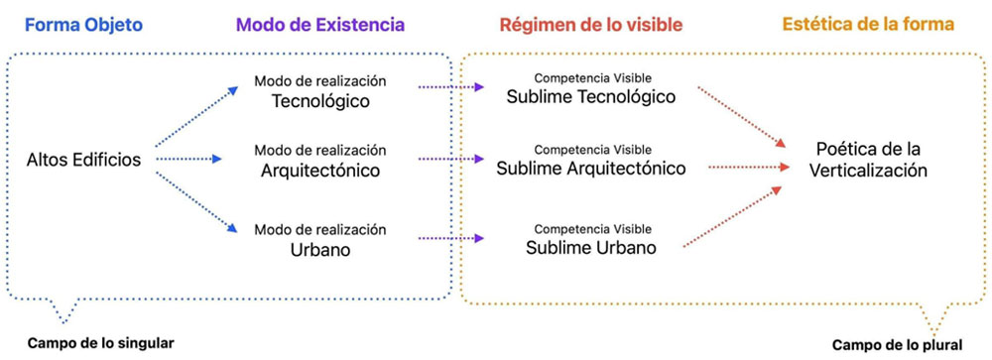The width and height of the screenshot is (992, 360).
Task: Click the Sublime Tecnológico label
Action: point(591,97)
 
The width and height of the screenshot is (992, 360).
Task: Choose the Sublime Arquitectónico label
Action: point(593,168)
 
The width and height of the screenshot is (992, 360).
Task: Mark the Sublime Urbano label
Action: point(591,247)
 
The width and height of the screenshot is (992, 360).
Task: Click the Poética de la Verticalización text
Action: point(870,159)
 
